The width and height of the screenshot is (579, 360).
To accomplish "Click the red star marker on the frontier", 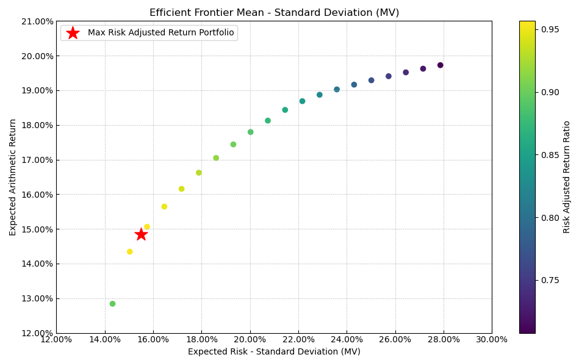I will click(141, 234).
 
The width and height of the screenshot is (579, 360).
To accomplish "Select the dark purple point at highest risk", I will click(440, 65).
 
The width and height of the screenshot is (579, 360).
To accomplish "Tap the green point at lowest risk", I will click(112, 304).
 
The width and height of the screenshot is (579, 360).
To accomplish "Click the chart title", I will click(274, 13).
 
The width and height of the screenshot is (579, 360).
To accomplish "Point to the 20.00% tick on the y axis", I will click(37, 56).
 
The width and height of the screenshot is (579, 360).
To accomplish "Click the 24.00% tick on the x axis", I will click(347, 340).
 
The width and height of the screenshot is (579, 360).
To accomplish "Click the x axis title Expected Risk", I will click(274, 352).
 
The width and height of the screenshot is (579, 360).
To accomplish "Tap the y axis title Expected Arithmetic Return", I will click(13, 177).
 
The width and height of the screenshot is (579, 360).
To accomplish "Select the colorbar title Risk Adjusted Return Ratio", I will click(567, 177).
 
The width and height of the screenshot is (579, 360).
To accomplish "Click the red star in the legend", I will click(73, 33).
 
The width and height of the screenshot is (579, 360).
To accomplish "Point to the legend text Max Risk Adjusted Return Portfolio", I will click(160, 33).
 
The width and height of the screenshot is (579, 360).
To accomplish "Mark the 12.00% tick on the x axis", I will click(56, 340).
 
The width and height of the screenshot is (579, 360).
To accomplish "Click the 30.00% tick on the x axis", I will click(492, 340).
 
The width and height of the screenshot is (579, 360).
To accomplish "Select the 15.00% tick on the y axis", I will click(37, 229).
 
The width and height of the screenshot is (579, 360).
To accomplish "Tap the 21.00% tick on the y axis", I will click(37, 21).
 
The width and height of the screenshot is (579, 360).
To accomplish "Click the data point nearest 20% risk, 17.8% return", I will click(250, 132).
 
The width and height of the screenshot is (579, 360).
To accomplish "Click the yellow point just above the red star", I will click(146, 227).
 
